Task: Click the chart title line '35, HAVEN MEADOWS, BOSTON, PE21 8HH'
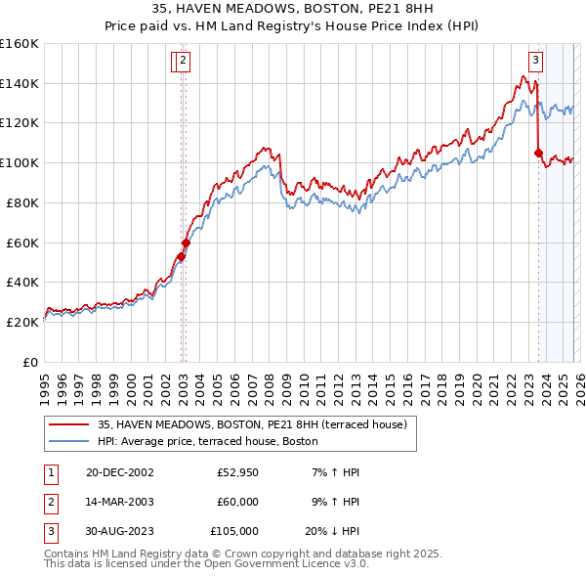pyautogui.click(x=293, y=11)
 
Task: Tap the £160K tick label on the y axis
pyautogui.click(x=20, y=44)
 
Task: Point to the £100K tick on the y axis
pyautogui.click(x=20, y=162)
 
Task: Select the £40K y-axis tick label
pyautogui.click(x=22, y=282)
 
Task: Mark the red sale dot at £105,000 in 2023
pyautogui.click(x=538, y=153)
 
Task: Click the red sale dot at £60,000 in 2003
pyautogui.click(x=186, y=243)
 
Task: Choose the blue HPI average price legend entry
pyautogui.click(x=207, y=442)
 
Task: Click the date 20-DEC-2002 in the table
pyautogui.click(x=120, y=472)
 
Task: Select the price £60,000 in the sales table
pyautogui.click(x=237, y=502)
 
